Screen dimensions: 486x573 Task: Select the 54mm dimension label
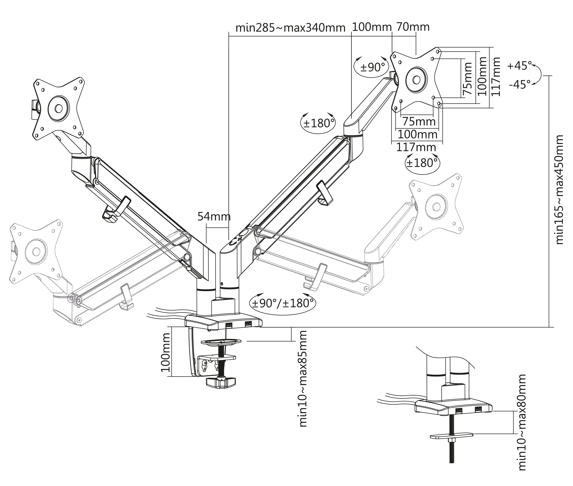click(214, 217)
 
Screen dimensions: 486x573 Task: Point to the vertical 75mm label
click(467, 78)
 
